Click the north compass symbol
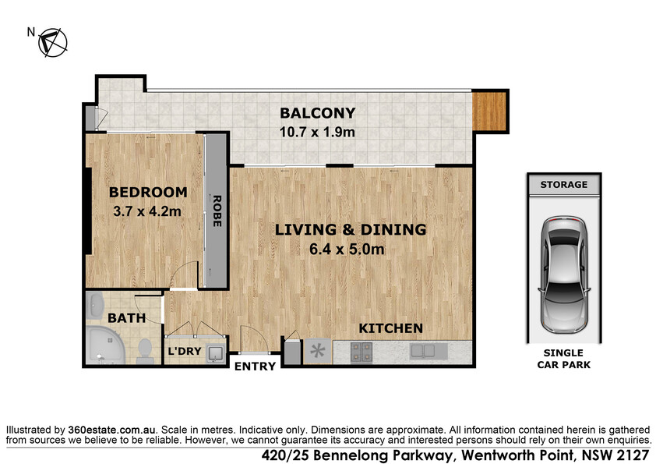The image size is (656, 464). coord(53,42)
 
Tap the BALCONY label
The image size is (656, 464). coord(318,113)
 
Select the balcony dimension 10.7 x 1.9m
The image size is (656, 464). coord(317,133)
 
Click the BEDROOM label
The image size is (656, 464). coord(148,192)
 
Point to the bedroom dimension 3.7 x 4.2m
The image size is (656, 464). coord(147,211)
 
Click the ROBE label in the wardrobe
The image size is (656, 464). coord(217,211)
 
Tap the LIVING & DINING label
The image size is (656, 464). coord(351,229)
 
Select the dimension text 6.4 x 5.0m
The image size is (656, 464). coord(347,250)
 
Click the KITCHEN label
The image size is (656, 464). coord(391,329)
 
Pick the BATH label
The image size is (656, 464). coord(127,318)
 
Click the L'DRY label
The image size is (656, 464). coord(185,351)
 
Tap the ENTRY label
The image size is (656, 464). coord(255,367)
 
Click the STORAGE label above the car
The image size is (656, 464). coord(563,185)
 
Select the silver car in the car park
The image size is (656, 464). coord(564,275)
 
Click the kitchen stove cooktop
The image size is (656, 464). coord(362,352)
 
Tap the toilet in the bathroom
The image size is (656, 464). coord(144,351)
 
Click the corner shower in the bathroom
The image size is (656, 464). coord(105,345)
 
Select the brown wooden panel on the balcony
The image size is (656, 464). coord(489,111)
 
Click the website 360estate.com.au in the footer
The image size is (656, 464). coord(111,430)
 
